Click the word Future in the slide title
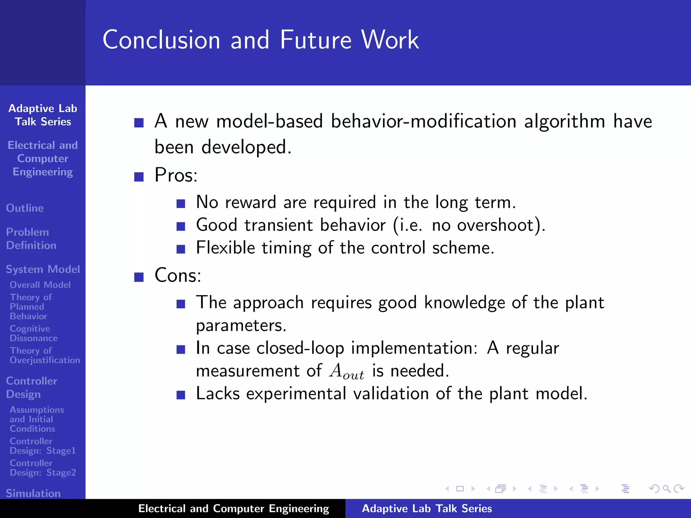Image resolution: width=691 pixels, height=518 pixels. [316, 40]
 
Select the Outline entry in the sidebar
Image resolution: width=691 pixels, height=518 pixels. [25, 208]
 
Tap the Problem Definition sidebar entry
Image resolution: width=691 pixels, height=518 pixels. [31, 238]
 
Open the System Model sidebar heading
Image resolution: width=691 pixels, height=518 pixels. [43, 269]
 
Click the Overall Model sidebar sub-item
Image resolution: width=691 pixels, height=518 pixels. [40, 285]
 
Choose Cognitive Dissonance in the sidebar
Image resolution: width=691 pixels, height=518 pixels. [33, 333]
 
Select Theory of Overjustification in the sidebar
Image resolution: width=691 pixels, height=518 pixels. [45, 355]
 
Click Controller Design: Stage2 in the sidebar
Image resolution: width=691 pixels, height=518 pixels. [43, 468]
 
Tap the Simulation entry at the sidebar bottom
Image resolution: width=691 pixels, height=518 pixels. [33, 493]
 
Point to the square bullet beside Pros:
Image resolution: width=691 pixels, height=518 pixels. [139, 177]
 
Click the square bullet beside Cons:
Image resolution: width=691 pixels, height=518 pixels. [139, 277]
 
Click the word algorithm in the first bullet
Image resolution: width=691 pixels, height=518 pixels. [564, 121]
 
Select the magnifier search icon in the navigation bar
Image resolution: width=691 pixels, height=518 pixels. [666, 489]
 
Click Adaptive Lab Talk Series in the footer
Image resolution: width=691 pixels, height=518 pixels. [426, 509]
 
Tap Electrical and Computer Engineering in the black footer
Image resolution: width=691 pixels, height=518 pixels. [233, 509]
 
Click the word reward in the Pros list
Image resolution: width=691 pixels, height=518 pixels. [250, 202]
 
